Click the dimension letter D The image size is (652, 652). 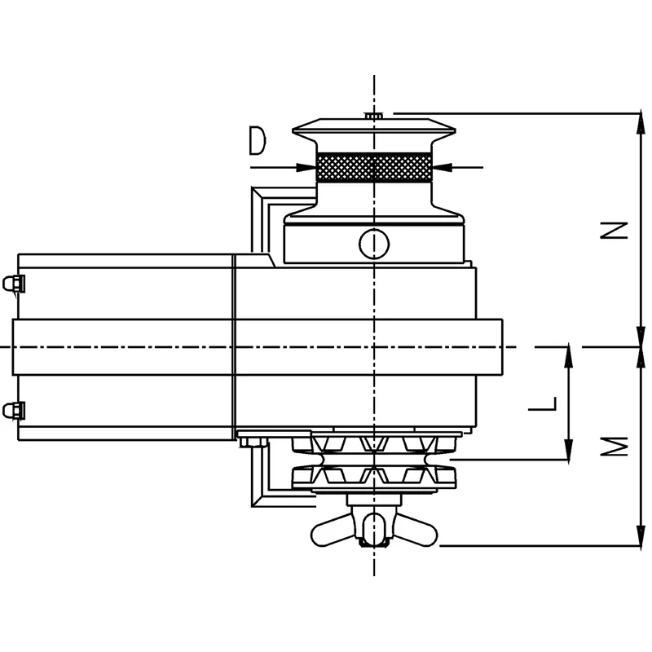tap(258, 142)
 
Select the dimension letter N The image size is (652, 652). tap(619, 231)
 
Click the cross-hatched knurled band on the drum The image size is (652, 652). tap(374, 168)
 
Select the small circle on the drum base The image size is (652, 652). tap(374, 242)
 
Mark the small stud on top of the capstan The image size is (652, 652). tap(374, 117)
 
